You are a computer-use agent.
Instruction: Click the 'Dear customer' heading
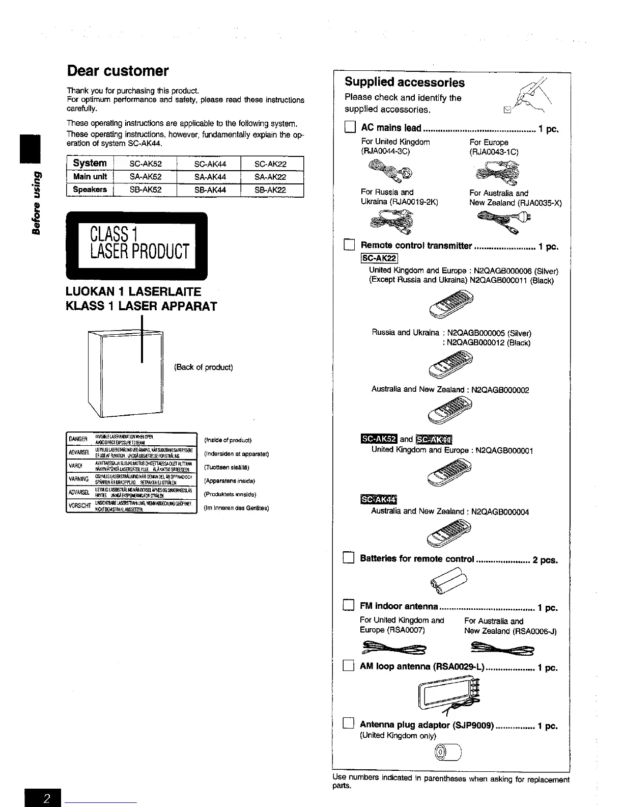118,71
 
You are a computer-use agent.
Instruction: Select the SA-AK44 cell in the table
210,177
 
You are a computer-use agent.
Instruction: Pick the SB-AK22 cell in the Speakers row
270,190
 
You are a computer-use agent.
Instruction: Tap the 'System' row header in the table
90,163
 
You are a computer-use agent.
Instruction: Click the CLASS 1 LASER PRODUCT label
137,246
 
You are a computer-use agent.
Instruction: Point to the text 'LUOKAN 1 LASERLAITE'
133,292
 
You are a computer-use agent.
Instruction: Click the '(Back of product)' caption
204,367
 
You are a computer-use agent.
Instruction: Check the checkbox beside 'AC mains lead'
349,128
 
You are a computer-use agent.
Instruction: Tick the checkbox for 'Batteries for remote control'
349,559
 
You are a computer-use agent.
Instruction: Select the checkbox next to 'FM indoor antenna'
349,606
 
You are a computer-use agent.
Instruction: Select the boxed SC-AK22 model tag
379,259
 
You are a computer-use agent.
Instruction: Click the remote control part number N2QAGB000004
500,512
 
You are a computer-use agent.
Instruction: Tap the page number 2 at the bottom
46,798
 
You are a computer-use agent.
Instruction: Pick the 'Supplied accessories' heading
405,83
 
